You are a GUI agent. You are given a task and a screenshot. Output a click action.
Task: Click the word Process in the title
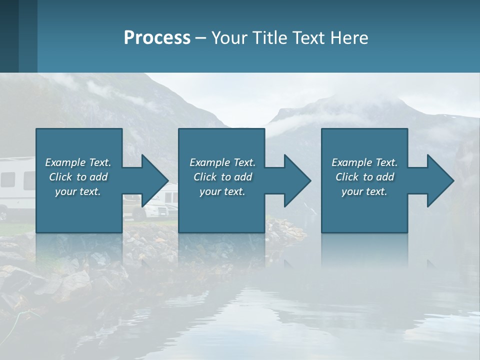pos(157,38)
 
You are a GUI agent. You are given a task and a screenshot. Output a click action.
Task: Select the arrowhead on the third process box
pos(439,180)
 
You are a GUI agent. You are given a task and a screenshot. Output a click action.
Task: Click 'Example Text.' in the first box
pos(78,162)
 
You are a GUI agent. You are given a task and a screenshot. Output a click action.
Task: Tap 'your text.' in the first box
pos(78,191)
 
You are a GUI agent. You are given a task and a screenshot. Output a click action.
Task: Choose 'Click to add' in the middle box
pos(222,177)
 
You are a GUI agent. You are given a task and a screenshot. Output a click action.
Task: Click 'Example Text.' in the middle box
pos(222,162)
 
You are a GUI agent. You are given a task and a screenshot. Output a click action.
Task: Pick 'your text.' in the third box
pos(364,191)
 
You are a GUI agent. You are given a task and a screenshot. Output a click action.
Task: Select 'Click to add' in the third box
pos(364,177)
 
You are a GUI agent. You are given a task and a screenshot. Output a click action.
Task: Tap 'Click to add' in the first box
pos(78,177)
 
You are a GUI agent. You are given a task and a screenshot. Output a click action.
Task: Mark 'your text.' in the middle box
pos(222,191)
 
